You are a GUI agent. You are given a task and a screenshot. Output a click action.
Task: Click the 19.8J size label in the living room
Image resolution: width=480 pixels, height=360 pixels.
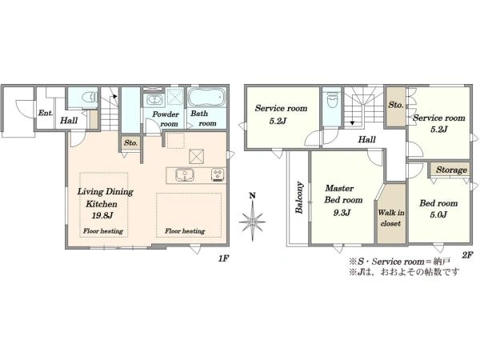[x=102, y=215]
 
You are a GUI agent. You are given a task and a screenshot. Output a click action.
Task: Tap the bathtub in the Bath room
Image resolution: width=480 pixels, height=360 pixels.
[x=206, y=98]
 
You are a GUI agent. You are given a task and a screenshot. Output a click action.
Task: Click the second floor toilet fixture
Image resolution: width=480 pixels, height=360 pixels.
[x=331, y=100]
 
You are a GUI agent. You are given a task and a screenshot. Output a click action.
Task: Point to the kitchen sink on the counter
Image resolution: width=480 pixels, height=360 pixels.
[x=185, y=174]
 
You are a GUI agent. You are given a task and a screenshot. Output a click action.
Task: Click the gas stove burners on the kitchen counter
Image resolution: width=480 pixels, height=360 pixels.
[x=218, y=174]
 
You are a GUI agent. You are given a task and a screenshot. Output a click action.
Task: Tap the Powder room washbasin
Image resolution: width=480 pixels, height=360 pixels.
[x=154, y=100]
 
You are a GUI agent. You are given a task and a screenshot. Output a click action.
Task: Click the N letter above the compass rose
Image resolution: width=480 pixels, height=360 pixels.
[x=252, y=196]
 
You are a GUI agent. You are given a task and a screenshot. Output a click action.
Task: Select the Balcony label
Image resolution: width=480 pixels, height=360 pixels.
[x=299, y=198]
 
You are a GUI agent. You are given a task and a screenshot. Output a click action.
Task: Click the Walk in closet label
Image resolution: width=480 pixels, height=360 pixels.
[x=391, y=218]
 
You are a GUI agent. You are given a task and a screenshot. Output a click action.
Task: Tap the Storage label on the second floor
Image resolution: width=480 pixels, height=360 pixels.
[x=451, y=170]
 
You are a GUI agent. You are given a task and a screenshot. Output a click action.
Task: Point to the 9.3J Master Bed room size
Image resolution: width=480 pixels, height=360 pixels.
[x=342, y=213]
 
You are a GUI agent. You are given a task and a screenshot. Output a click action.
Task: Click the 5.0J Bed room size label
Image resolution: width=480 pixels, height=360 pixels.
[x=438, y=214]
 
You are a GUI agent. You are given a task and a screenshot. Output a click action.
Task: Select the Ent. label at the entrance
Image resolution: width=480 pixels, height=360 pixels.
[x=46, y=113]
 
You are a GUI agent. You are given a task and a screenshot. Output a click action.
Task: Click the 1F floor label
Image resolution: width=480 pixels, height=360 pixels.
[x=223, y=258]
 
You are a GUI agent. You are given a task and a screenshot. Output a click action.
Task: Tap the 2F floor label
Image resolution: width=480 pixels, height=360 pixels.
[x=467, y=254]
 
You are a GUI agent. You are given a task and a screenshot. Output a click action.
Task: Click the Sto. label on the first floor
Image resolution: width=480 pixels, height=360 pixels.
[x=130, y=143]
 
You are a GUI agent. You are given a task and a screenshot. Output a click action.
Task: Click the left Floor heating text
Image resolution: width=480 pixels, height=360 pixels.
[x=103, y=231]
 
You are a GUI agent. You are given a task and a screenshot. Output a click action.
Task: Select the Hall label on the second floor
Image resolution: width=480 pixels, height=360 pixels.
[x=366, y=140]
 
